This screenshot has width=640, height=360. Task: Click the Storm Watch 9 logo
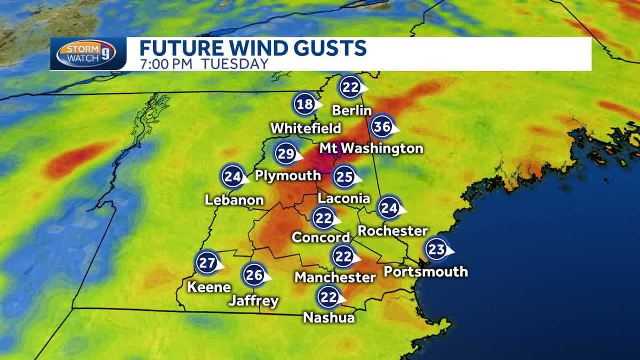[86, 54]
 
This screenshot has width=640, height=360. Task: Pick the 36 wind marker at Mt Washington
[382, 127]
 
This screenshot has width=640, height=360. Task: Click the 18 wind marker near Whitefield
[305, 105]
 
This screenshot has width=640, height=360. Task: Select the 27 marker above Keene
[206, 262]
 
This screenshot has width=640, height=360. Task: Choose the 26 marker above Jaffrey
[254, 275]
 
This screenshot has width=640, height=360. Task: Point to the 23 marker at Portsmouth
[436, 249]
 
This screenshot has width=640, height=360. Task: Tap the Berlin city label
[351, 110]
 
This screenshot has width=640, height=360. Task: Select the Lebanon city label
[235, 200]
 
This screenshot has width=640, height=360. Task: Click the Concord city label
[321, 237]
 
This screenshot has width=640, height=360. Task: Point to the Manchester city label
[335, 277]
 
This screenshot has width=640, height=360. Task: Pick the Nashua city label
[329, 317]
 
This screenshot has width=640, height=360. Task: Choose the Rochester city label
[393, 230]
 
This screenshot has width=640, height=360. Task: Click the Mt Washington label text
[371, 148]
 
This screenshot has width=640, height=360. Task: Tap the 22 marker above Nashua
[329, 297]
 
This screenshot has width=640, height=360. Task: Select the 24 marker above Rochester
[389, 209]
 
